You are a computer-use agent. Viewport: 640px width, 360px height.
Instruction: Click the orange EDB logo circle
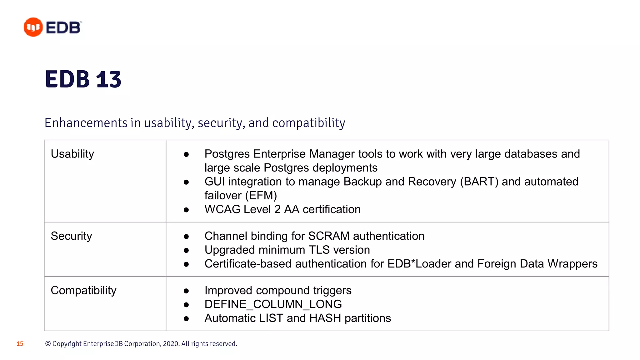coord(33,27)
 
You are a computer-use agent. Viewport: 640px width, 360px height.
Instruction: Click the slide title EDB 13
coord(83,79)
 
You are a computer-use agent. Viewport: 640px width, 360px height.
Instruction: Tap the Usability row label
coord(72,154)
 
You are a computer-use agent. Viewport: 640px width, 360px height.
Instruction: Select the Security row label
coord(71,236)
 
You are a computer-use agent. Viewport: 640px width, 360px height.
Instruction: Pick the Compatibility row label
coord(83,290)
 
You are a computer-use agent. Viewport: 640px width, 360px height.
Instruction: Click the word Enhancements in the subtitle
coord(86,123)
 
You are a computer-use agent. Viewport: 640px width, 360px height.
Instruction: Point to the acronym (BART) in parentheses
coord(479,182)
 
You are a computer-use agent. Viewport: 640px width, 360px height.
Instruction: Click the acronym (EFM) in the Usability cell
coord(261,196)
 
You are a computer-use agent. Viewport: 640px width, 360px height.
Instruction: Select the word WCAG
coord(222,209)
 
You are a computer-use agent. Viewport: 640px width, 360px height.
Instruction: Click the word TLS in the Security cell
coord(319,250)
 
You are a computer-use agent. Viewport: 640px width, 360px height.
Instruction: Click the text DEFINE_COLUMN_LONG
coord(273,304)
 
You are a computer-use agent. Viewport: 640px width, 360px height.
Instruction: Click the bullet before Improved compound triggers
coord(186,291)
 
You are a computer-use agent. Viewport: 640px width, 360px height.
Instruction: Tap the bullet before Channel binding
coord(186,237)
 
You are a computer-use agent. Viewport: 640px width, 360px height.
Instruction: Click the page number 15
coord(20,344)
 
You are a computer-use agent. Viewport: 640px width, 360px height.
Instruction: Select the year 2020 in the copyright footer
coord(171,344)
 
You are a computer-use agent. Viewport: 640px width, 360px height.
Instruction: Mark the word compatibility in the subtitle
coord(308,123)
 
